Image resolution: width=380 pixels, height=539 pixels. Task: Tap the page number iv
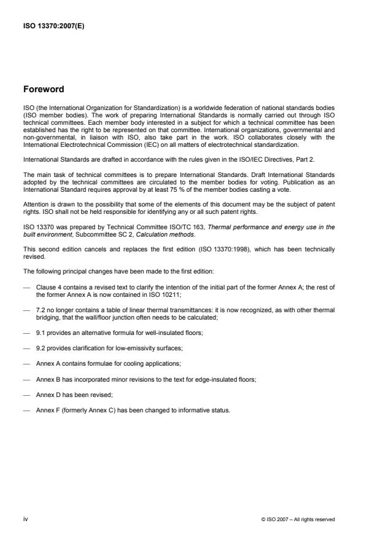[25, 519]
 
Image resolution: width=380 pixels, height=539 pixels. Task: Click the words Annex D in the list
[48, 395]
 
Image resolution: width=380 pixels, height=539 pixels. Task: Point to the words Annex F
[48, 411]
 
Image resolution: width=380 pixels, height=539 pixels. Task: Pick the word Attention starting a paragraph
[35, 202]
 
